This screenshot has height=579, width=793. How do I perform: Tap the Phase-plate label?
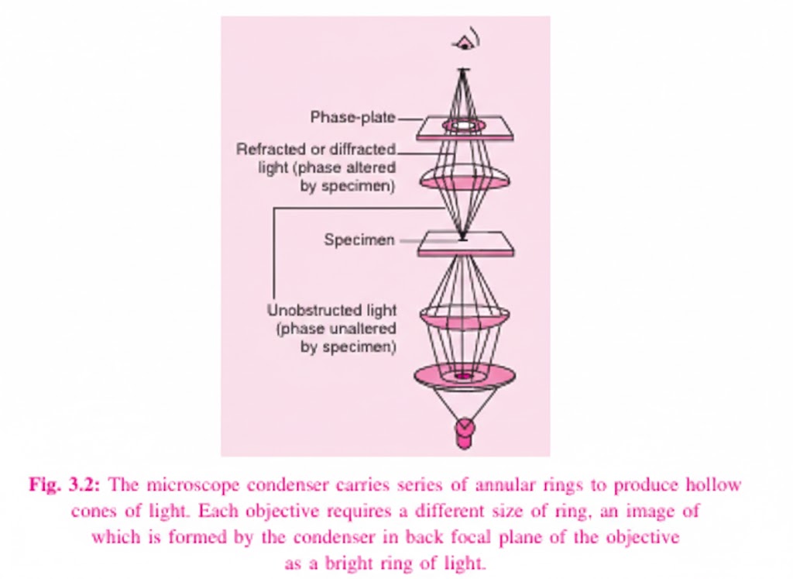click(352, 118)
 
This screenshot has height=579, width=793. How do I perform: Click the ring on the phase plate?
click(463, 125)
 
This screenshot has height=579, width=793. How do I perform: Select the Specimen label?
click(359, 240)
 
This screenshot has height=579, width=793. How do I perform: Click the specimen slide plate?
click(465, 244)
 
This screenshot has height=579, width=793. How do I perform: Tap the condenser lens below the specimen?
click(464, 316)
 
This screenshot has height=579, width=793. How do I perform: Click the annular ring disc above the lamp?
click(464, 376)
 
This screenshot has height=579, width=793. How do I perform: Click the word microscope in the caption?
click(187, 486)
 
